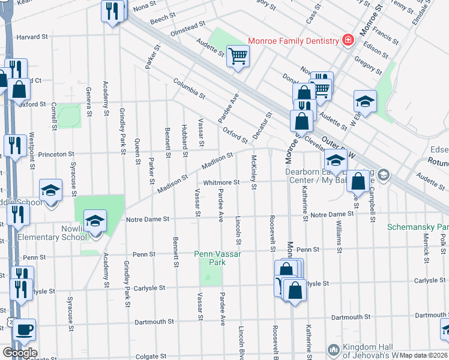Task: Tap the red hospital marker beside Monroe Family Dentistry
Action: click(x=347, y=40)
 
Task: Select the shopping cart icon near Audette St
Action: click(x=238, y=56)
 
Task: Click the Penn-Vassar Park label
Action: click(x=217, y=258)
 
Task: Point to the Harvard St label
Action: click(x=32, y=37)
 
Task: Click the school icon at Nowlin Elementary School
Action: click(x=95, y=221)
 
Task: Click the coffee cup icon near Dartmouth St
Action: click(x=25, y=329)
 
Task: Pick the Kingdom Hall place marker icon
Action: click(x=334, y=349)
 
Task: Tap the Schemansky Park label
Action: click(x=418, y=227)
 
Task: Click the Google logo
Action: click(x=20, y=353)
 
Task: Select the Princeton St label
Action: click(x=55, y=154)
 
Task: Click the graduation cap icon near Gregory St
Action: click(x=365, y=101)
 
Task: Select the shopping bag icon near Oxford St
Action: click(x=19, y=90)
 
